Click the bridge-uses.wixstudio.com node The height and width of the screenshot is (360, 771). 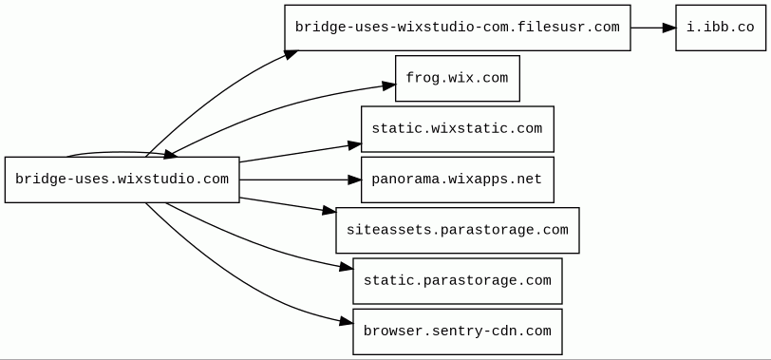point(122,180)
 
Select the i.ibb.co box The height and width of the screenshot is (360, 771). point(721,28)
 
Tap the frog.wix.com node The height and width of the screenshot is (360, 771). point(458,78)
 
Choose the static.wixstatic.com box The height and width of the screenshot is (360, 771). point(458,129)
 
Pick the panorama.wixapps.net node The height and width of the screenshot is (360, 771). point(458,180)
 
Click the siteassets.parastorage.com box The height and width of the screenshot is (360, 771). point(458,230)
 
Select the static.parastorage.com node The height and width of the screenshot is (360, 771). point(458,281)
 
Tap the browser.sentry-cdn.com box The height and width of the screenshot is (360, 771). point(458,332)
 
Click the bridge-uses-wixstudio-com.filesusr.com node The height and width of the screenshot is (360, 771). point(458,28)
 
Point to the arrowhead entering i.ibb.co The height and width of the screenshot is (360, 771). point(669,28)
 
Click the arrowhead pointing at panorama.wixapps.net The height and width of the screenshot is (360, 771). point(354,180)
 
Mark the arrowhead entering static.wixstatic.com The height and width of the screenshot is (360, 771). point(354,145)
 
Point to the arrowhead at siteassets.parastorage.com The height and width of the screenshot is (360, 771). point(329,211)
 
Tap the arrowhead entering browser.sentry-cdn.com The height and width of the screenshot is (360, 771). point(347,322)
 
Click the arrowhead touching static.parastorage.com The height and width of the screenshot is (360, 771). point(347,267)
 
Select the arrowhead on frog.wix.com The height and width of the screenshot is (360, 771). point(389,86)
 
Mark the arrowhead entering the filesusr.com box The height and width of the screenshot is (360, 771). point(291,53)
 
